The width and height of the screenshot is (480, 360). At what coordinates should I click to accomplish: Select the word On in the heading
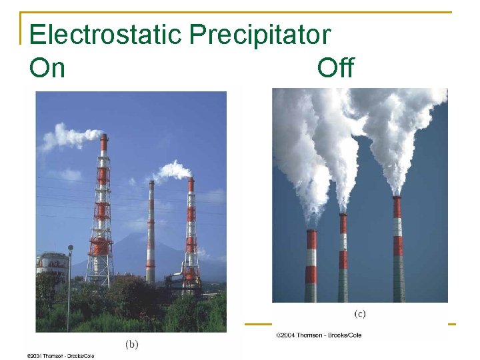point(47,67)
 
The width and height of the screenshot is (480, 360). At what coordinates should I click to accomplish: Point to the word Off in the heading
point(335,67)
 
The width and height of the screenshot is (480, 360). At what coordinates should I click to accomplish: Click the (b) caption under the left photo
point(132,345)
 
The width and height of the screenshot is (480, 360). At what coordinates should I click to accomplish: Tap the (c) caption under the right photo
point(359,313)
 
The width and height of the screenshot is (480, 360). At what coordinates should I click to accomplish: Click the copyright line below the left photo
point(61,356)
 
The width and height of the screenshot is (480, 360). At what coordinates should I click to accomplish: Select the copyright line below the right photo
point(319,335)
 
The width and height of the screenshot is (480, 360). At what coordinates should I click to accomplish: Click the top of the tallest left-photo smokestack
point(103,137)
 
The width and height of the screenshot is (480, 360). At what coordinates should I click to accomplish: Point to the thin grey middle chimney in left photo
point(151,233)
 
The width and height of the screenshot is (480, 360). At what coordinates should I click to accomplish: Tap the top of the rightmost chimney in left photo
point(191,180)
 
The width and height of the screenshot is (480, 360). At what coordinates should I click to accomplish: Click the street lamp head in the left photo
point(71,248)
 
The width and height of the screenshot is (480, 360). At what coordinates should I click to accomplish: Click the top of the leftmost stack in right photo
point(311,232)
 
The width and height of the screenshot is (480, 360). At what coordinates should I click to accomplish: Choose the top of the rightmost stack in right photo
point(397,199)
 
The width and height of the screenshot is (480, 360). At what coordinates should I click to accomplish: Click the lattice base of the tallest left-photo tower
point(100,267)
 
